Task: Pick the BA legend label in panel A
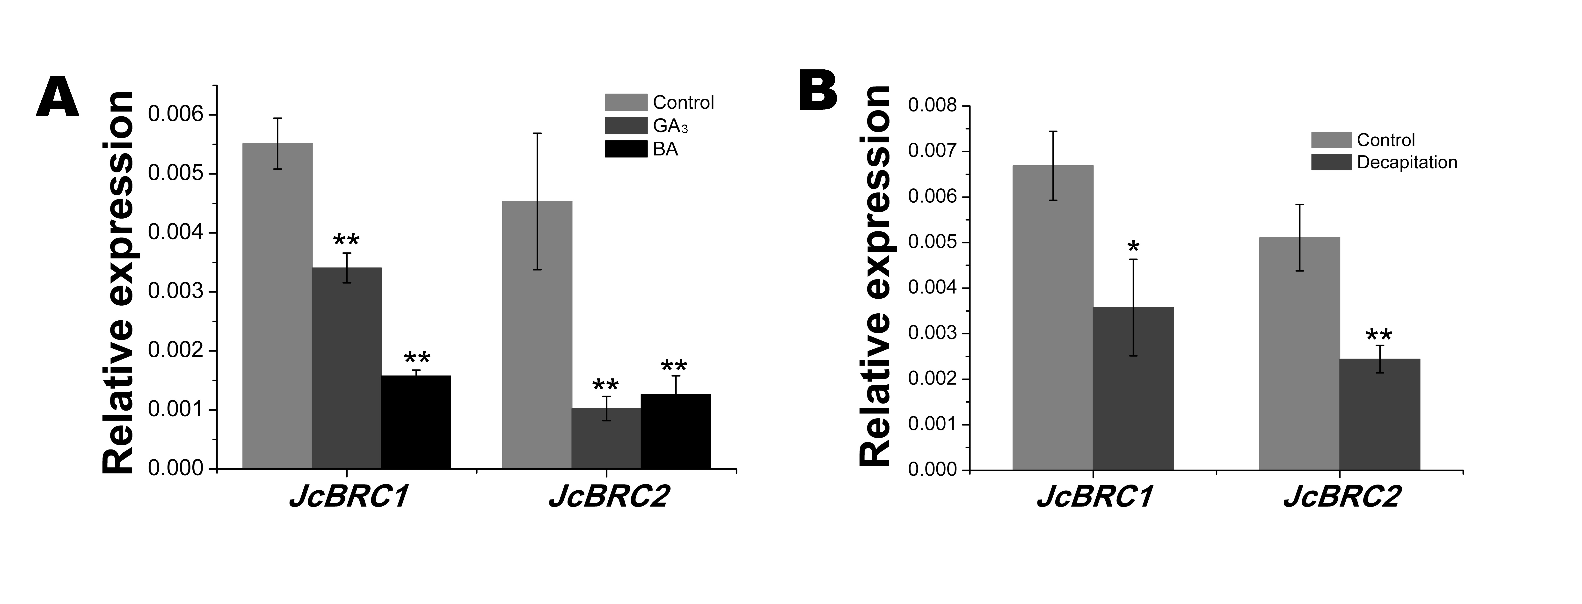point(666,149)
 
